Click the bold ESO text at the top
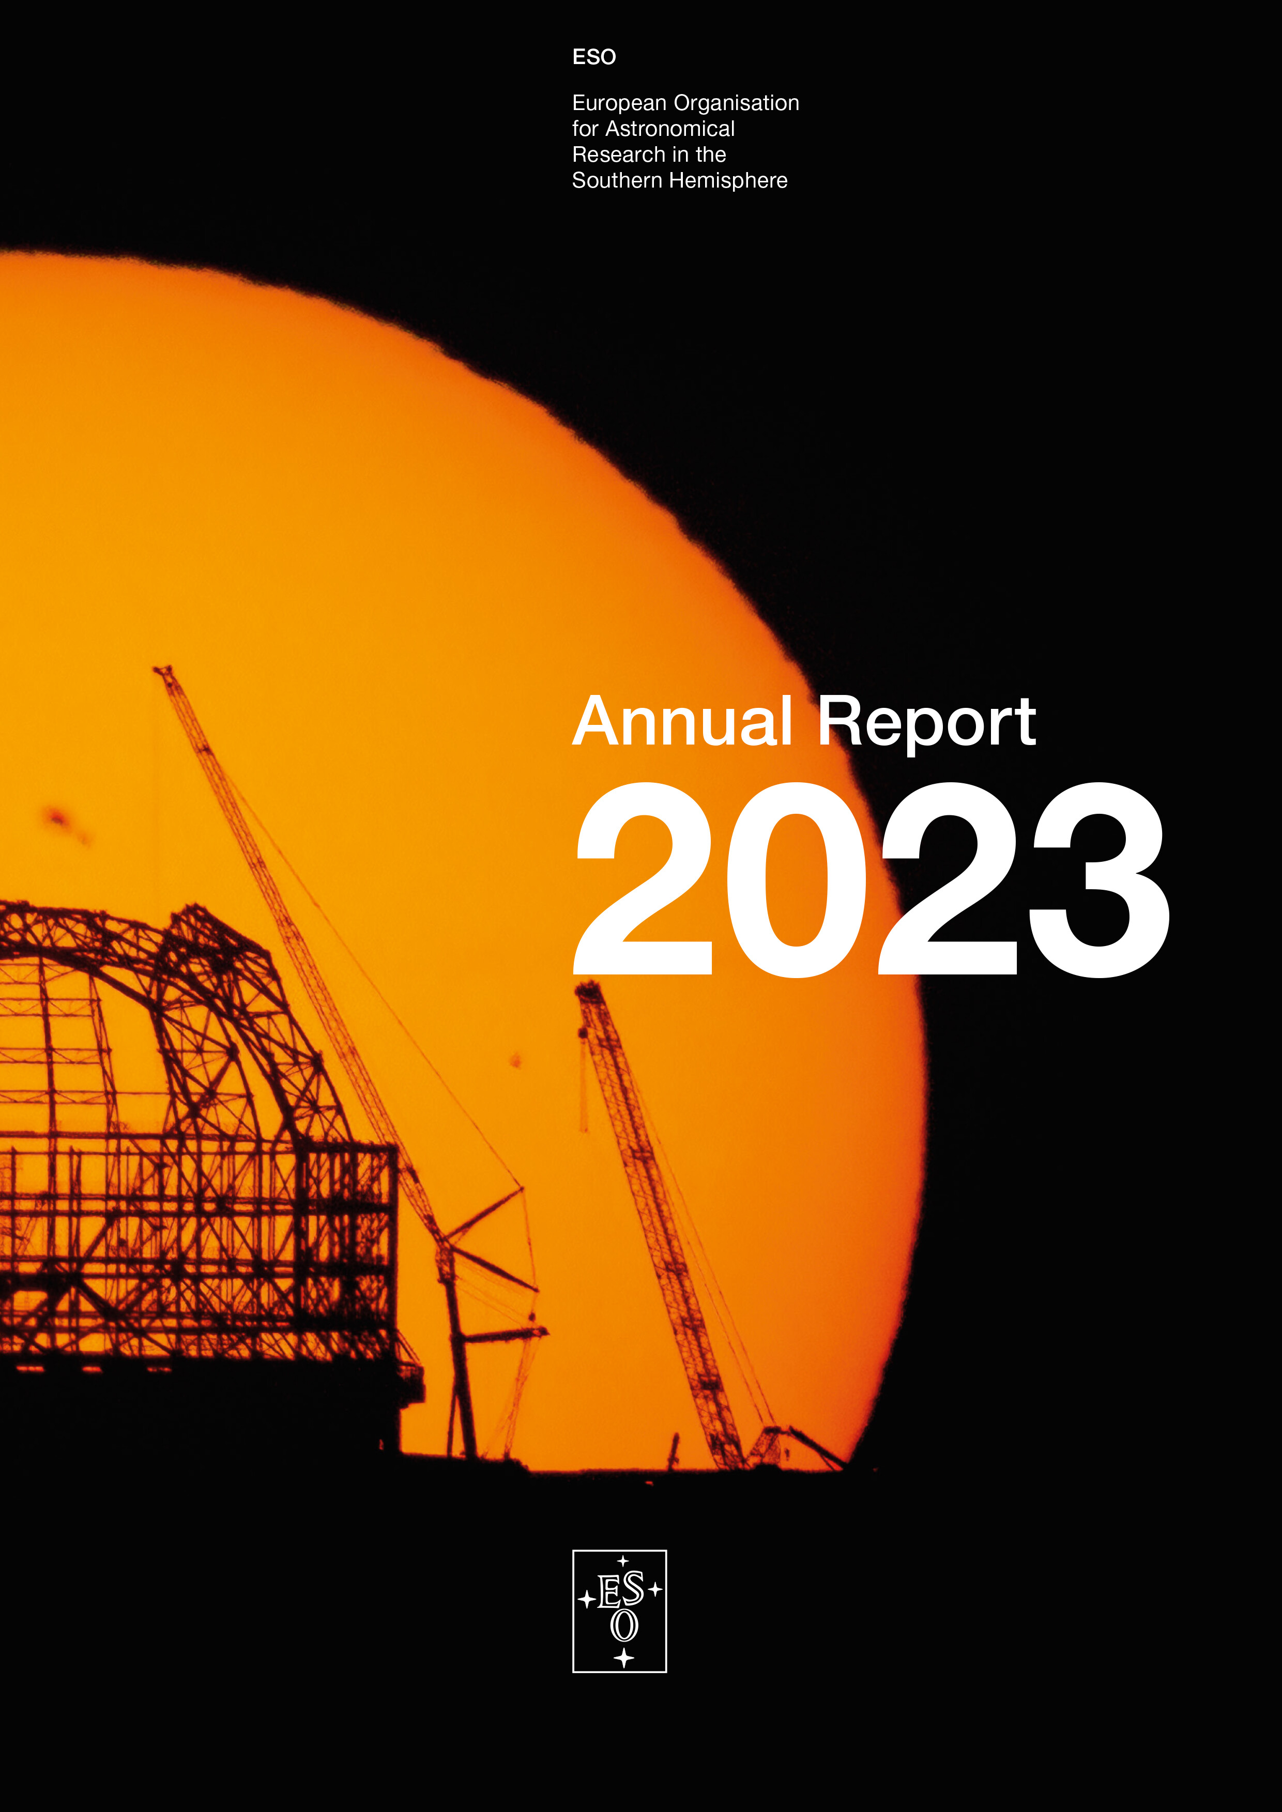[x=593, y=57]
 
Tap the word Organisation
[x=737, y=103]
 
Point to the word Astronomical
[x=670, y=129]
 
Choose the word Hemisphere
[x=728, y=181]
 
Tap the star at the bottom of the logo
[x=623, y=1658]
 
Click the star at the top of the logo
[x=623, y=1560]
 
